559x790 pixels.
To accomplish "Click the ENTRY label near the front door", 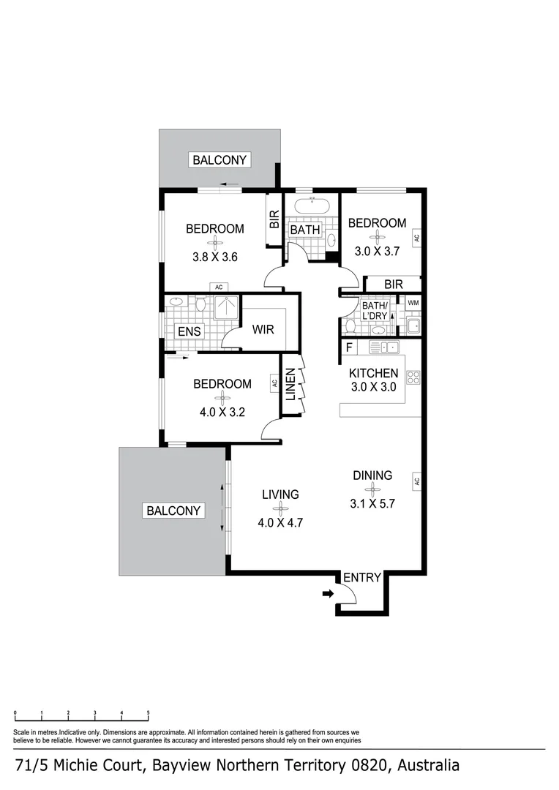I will tap(362, 577).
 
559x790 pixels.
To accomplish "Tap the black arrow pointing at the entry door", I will tap(326, 595).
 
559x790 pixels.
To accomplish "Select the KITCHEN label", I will tap(373, 373).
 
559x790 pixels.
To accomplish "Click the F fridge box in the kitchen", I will tap(349, 347).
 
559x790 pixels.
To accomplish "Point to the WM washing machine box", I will tap(413, 303).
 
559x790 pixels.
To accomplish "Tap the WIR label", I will tap(263, 329).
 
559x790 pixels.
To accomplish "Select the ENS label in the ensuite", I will tap(189, 331).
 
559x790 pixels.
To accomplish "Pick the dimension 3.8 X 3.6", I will tap(215, 257).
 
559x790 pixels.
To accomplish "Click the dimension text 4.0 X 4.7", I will tap(281, 522).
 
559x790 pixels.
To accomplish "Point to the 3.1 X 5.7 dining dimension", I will tap(372, 503).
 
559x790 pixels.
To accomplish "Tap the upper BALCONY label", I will tap(220, 159).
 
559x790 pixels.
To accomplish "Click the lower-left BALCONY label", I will tap(173, 511).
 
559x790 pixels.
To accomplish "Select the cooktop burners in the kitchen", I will tap(413, 377).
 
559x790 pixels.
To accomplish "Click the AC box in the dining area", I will tap(416, 481).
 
